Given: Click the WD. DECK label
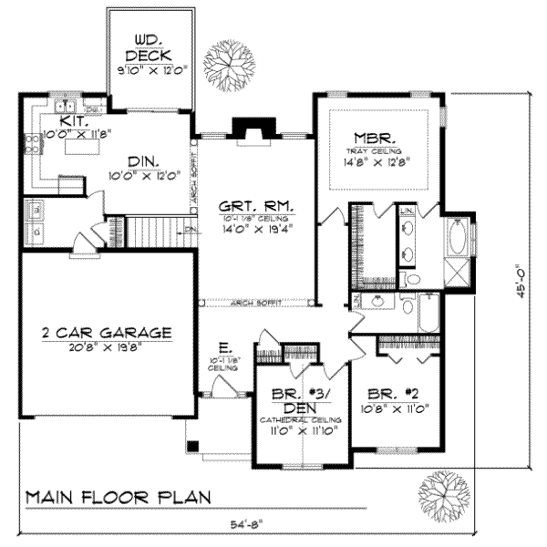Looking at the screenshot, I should click(150, 47).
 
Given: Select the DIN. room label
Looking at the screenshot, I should click(144, 161).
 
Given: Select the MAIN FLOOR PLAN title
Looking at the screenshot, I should click(118, 498).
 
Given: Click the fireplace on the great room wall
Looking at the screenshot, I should click(250, 131).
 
